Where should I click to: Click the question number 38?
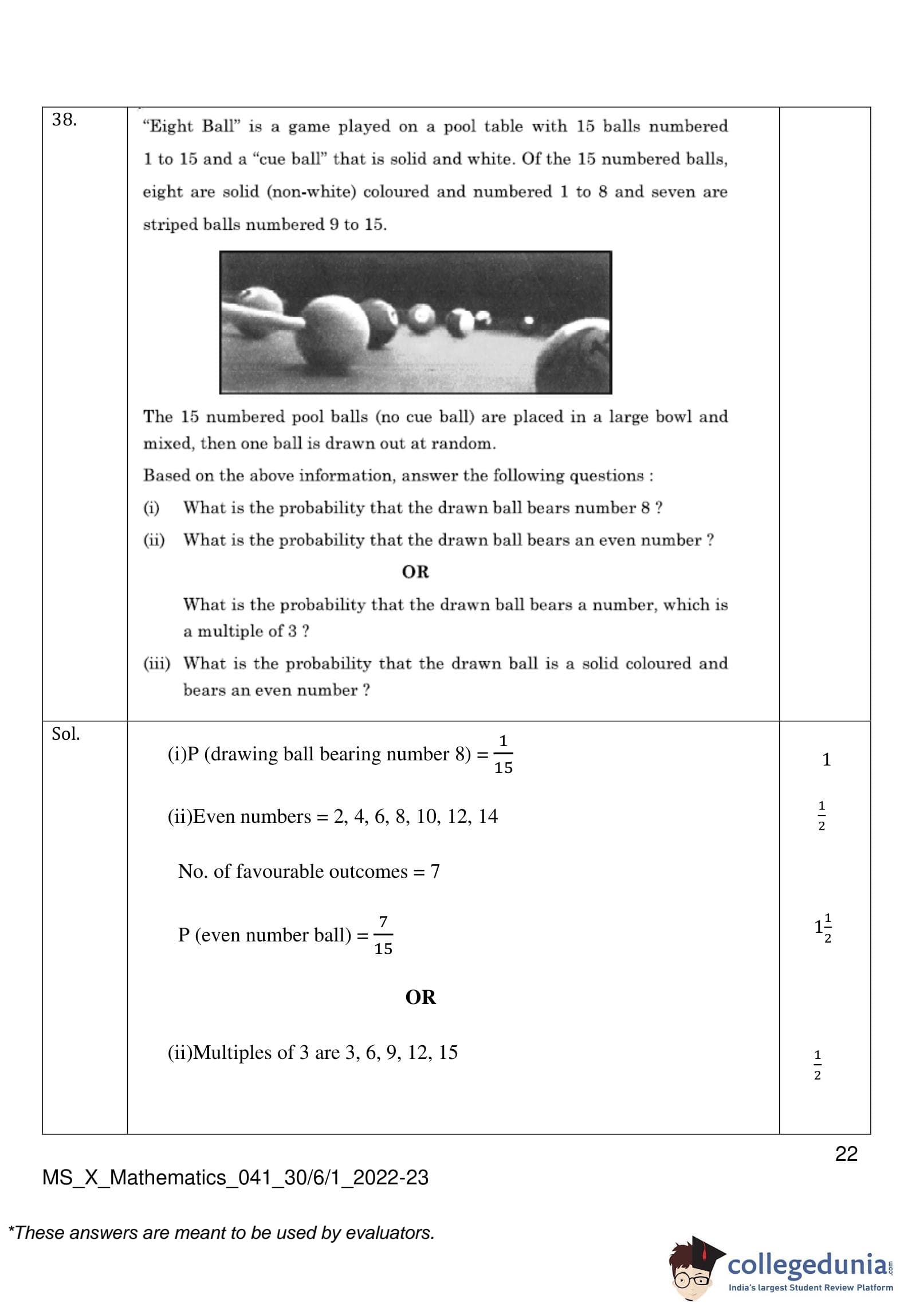pyautogui.click(x=64, y=120)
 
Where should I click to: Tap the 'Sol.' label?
pyautogui.click(x=65, y=734)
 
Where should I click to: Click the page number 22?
pyautogui.click(x=846, y=1153)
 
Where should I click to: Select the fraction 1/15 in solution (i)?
pyautogui.click(x=503, y=754)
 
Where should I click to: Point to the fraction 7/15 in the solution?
pyautogui.click(x=383, y=935)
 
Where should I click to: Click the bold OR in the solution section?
pyautogui.click(x=420, y=997)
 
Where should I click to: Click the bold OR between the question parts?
pyautogui.click(x=415, y=572)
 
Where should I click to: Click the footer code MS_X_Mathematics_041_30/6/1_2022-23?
pyautogui.click(x=235, y=1178)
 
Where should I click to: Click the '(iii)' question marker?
pyautogui.click(x=156, y=664)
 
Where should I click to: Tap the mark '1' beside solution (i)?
pyautogui.click(x=826, y=760)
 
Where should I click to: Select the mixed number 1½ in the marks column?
pyautogui.click(x=823, y=927)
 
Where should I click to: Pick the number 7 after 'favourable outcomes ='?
pyautogui.click(x=435, y=872)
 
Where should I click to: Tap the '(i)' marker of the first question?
pyautogui.click(x=151, y=508)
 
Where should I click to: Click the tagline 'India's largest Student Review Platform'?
pyautogui.click(x=810, y=1288)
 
